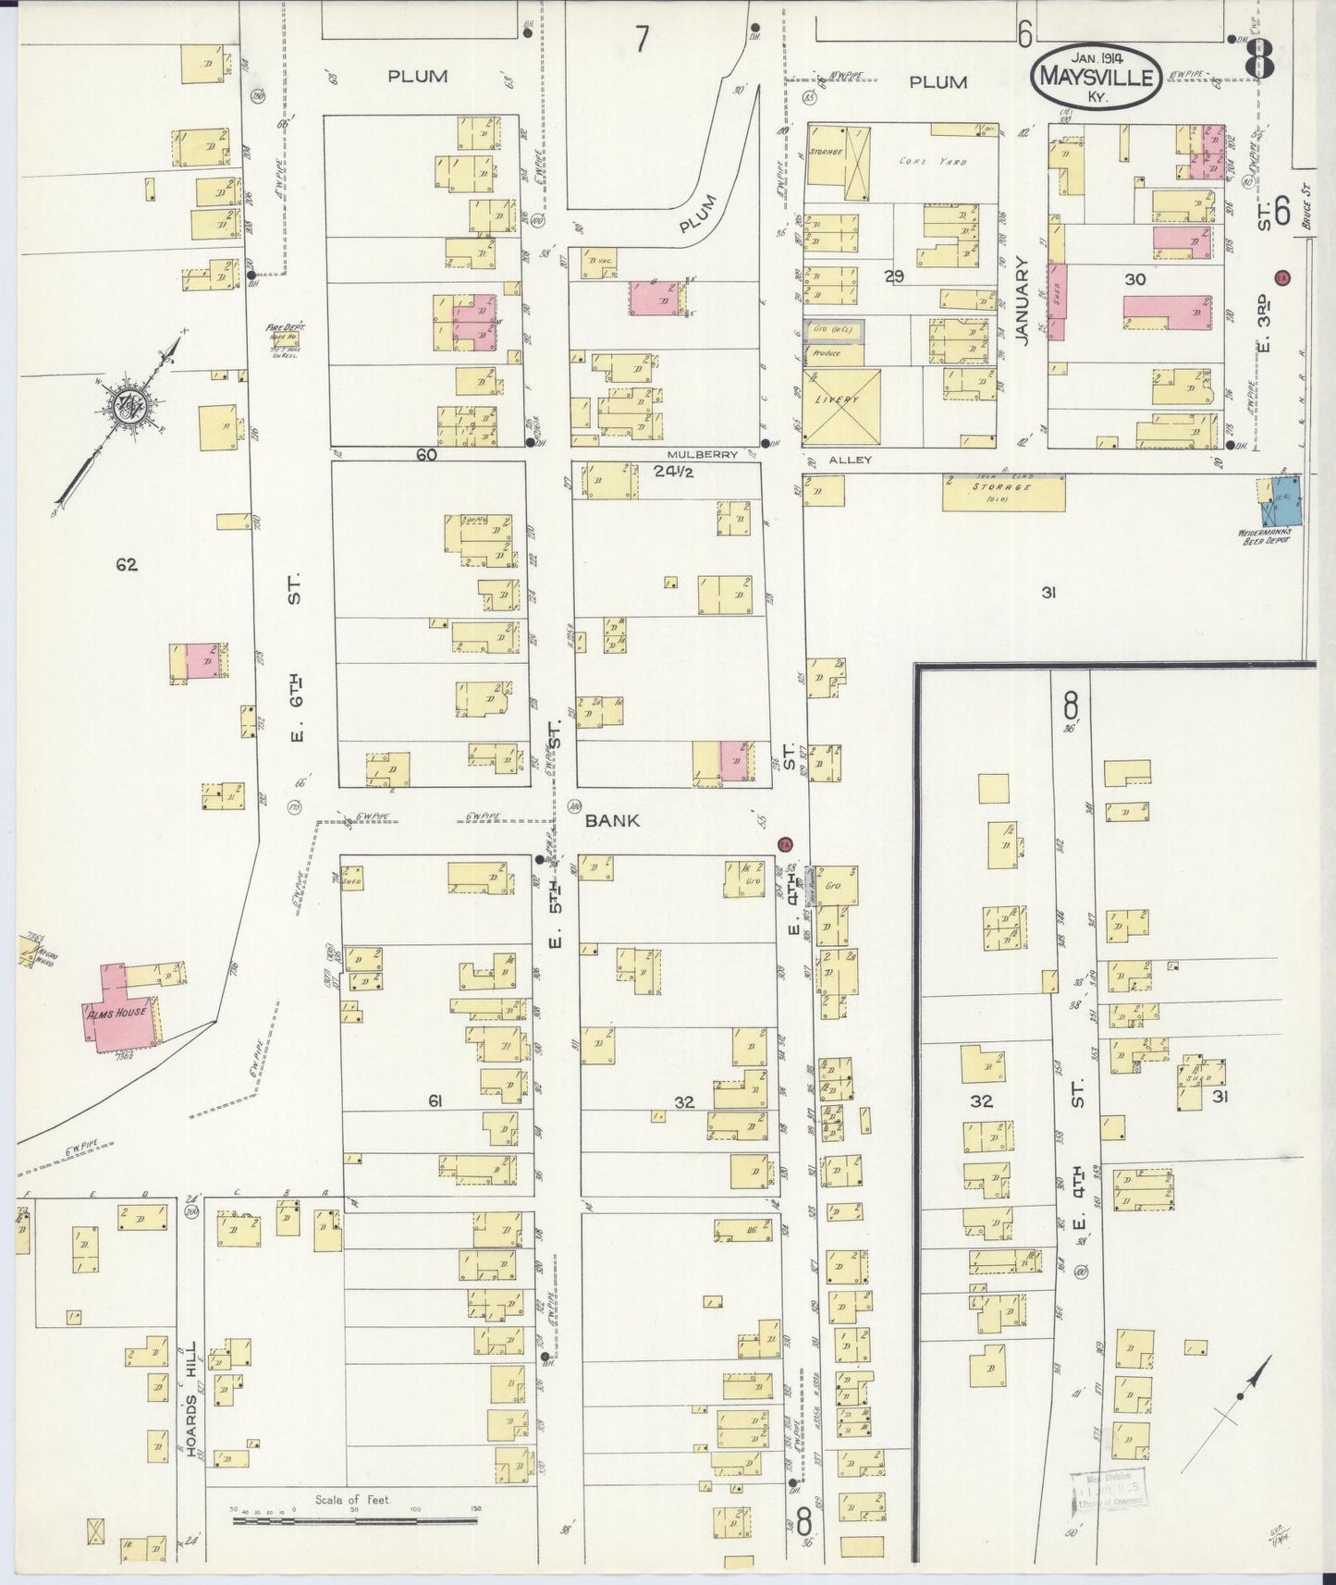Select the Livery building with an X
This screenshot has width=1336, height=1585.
840,407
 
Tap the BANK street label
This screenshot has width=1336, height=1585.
611,821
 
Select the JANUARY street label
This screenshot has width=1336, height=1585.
1022,301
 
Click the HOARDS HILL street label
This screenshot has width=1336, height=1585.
192,1400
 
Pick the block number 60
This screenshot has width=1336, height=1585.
426,455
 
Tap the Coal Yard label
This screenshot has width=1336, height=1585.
932,161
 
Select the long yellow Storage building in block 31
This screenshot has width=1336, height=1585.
1003,493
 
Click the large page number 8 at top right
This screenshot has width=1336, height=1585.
1259,61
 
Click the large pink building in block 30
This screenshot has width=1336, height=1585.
1167,312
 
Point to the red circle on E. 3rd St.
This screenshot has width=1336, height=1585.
1281,277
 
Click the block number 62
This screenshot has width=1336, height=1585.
127,564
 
